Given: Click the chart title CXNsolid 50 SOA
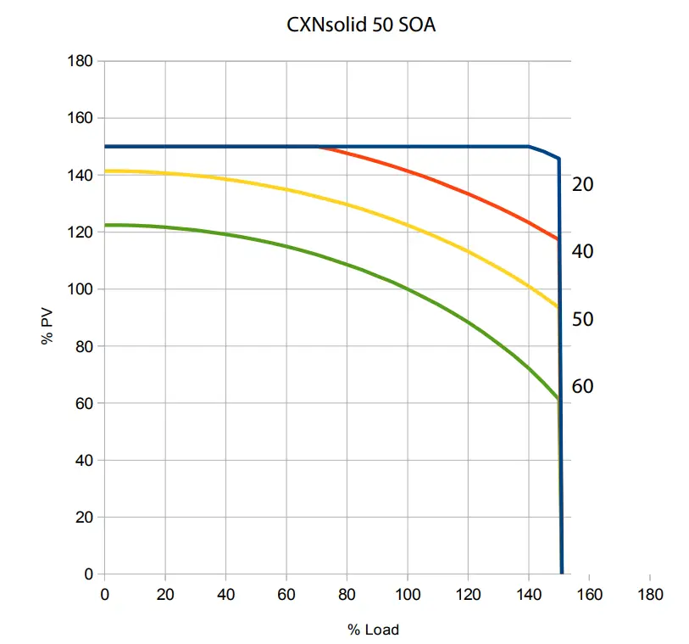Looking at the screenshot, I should click(362, 25).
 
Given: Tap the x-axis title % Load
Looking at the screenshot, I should click(372, 630).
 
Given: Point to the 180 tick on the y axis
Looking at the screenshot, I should click(81, 61).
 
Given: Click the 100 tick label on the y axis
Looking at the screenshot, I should click(81, 289).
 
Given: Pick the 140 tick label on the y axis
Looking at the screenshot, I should click(81, 175).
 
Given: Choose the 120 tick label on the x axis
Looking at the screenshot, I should click(468, 594).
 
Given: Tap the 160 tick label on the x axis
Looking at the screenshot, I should click(589, 594).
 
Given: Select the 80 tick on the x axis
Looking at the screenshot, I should click(347, 594).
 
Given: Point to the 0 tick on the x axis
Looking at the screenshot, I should click(104, 594).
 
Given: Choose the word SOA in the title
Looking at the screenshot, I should click(418, 25).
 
